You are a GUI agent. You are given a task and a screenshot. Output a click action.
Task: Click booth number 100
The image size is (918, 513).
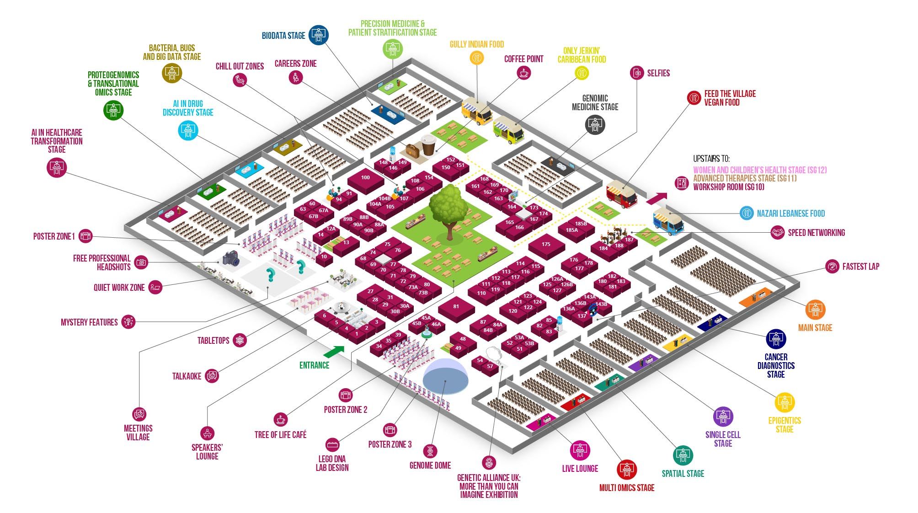tap(365, 178)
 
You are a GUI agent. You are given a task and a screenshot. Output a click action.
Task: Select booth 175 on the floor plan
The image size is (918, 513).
tap(546, 245)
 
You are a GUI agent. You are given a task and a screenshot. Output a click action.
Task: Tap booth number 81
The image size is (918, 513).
tap(456, 307)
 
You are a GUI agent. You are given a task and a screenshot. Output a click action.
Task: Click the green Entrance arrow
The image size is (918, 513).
tap(334, 352)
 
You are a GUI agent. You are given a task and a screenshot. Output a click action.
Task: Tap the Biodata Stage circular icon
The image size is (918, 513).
tap(319, 35)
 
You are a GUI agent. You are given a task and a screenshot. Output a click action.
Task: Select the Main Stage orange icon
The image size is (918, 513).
tap(815, 310)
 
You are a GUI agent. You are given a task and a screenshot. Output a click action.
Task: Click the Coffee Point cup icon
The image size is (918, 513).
tap(524, 72)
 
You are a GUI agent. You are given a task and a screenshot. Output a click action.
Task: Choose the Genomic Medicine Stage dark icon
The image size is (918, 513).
tap(595, 124)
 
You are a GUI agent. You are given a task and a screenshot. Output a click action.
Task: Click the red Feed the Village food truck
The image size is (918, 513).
tap(622, 194)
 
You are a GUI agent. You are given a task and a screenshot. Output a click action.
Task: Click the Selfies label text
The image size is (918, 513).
tap(658, 73)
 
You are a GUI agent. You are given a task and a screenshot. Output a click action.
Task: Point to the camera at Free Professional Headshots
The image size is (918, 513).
tap(231, 258)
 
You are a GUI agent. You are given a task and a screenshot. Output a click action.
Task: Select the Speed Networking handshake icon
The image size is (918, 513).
tap(777, 233)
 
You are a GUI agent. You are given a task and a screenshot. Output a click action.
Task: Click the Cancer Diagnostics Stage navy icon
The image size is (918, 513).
tap(776, 339)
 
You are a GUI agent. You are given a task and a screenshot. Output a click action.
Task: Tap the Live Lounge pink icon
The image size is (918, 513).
tap(580, 450)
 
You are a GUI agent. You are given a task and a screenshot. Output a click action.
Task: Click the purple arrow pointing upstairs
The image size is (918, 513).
tap(656, 198)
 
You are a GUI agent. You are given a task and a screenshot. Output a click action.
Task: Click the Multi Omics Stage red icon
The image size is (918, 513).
tap(626, 470)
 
